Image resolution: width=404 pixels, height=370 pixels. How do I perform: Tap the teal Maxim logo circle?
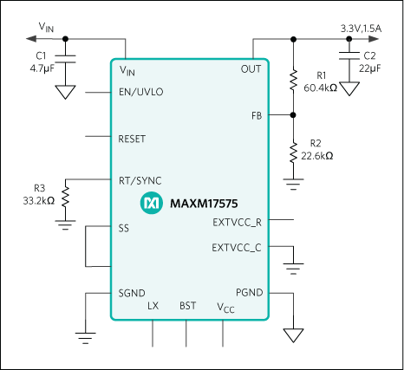coord(151,204)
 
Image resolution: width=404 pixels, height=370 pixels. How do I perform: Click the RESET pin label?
coord(132,137)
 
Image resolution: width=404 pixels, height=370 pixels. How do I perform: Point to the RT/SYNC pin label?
coord(140,181)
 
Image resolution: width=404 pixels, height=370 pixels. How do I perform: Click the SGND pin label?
coord(132,293)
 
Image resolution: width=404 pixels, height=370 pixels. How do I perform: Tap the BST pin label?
coord(187,306)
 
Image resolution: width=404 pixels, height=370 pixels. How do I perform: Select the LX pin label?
coord(153,306)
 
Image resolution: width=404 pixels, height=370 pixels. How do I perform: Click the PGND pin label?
coord(250,293)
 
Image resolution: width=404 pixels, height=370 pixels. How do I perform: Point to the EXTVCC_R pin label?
coord(237,222)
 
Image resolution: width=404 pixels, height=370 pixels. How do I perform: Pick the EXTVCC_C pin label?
coord(237,248)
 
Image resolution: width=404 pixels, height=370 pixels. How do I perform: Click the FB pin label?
coord(257,114)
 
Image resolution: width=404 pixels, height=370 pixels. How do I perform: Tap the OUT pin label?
coord(251,68)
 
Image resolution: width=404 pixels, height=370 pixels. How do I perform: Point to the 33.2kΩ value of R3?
coord(39,199)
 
